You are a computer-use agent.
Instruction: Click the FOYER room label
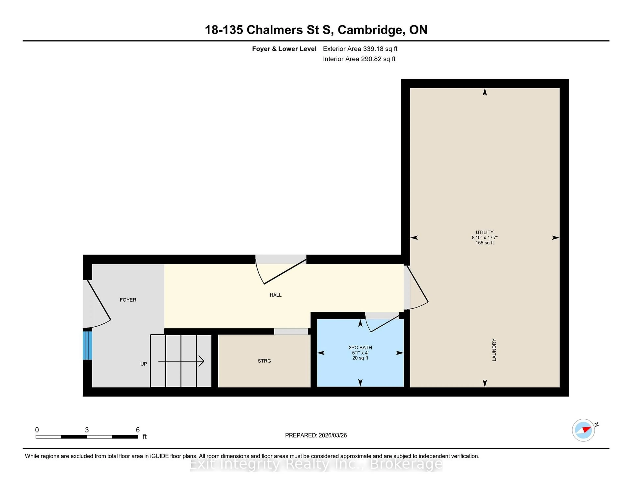(128, 300)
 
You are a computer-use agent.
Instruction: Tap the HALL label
(276, 295)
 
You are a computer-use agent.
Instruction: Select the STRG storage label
(264, 361)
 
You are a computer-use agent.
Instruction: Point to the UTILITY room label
(484, 232)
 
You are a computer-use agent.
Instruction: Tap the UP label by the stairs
(144, 364)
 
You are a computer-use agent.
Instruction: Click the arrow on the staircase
(181, 361)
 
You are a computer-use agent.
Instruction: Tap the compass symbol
(583, 430)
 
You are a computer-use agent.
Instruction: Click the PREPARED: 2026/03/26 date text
(316, 435)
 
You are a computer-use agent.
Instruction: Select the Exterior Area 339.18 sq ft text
(360, 49)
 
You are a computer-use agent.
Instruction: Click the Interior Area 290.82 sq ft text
(359, 59)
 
